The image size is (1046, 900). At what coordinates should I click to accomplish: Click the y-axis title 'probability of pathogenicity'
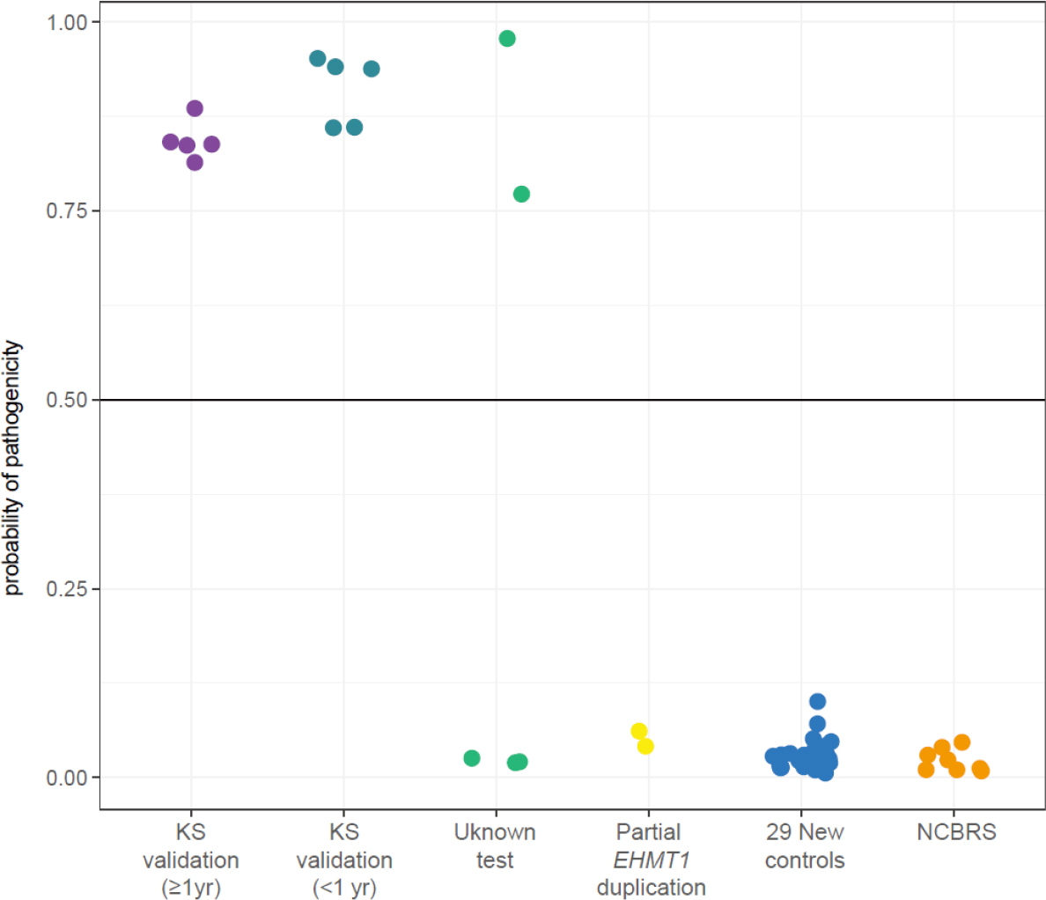(x=12, y=468)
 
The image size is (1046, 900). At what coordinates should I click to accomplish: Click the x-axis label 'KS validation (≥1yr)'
(x=190, y=859)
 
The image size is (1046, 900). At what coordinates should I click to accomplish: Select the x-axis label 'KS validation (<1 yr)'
(x=344, y=859)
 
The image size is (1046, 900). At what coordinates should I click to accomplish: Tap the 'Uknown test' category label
(x=495, y=846)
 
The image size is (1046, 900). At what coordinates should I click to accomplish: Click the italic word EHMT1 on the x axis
(x=651, y=859)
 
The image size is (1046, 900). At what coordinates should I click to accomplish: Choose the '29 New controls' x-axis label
(x=804, y=846)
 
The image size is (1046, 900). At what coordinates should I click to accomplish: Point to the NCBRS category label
(x=956, y=832)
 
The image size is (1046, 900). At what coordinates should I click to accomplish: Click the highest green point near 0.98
(x=507, y=38)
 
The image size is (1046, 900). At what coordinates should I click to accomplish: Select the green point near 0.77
(x=521, y=194)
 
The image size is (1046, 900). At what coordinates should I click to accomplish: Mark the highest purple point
(x=195, y=108)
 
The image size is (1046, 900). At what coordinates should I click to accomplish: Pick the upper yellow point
(x=639, y=731)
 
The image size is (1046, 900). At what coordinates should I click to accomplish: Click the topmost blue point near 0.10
(x=817, y=701)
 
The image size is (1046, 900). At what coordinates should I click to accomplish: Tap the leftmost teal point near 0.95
(x=318, y=58)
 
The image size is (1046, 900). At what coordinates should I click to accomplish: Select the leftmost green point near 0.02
(x=472, y=758)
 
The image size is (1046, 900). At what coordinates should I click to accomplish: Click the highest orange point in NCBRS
(x=961, y=742)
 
